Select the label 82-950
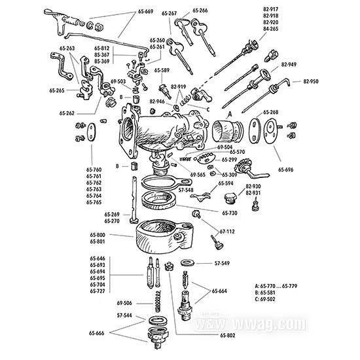[312, 82]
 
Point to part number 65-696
[287, 170]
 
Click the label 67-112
[228, 232]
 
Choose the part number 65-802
[229, 336]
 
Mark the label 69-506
[125, 303]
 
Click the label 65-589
[162, 71]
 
